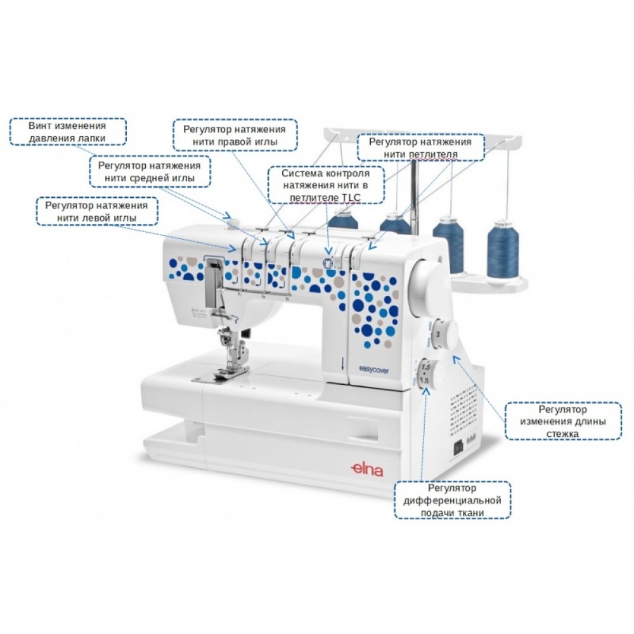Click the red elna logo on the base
[366, 470]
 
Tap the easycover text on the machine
[373, 370]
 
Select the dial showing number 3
[441, 335]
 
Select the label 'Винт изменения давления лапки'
[68, 132]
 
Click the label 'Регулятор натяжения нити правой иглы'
[235, 136]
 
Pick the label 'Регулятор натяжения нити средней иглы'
[150, 171]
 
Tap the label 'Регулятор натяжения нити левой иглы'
[96, 212]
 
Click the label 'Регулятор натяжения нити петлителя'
[420, 148]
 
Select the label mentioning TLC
[326, 185]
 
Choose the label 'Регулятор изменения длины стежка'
[563, 421]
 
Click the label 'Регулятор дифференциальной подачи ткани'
[453, 500]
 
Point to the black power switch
[458, 447]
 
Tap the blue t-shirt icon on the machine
[327, 263]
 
